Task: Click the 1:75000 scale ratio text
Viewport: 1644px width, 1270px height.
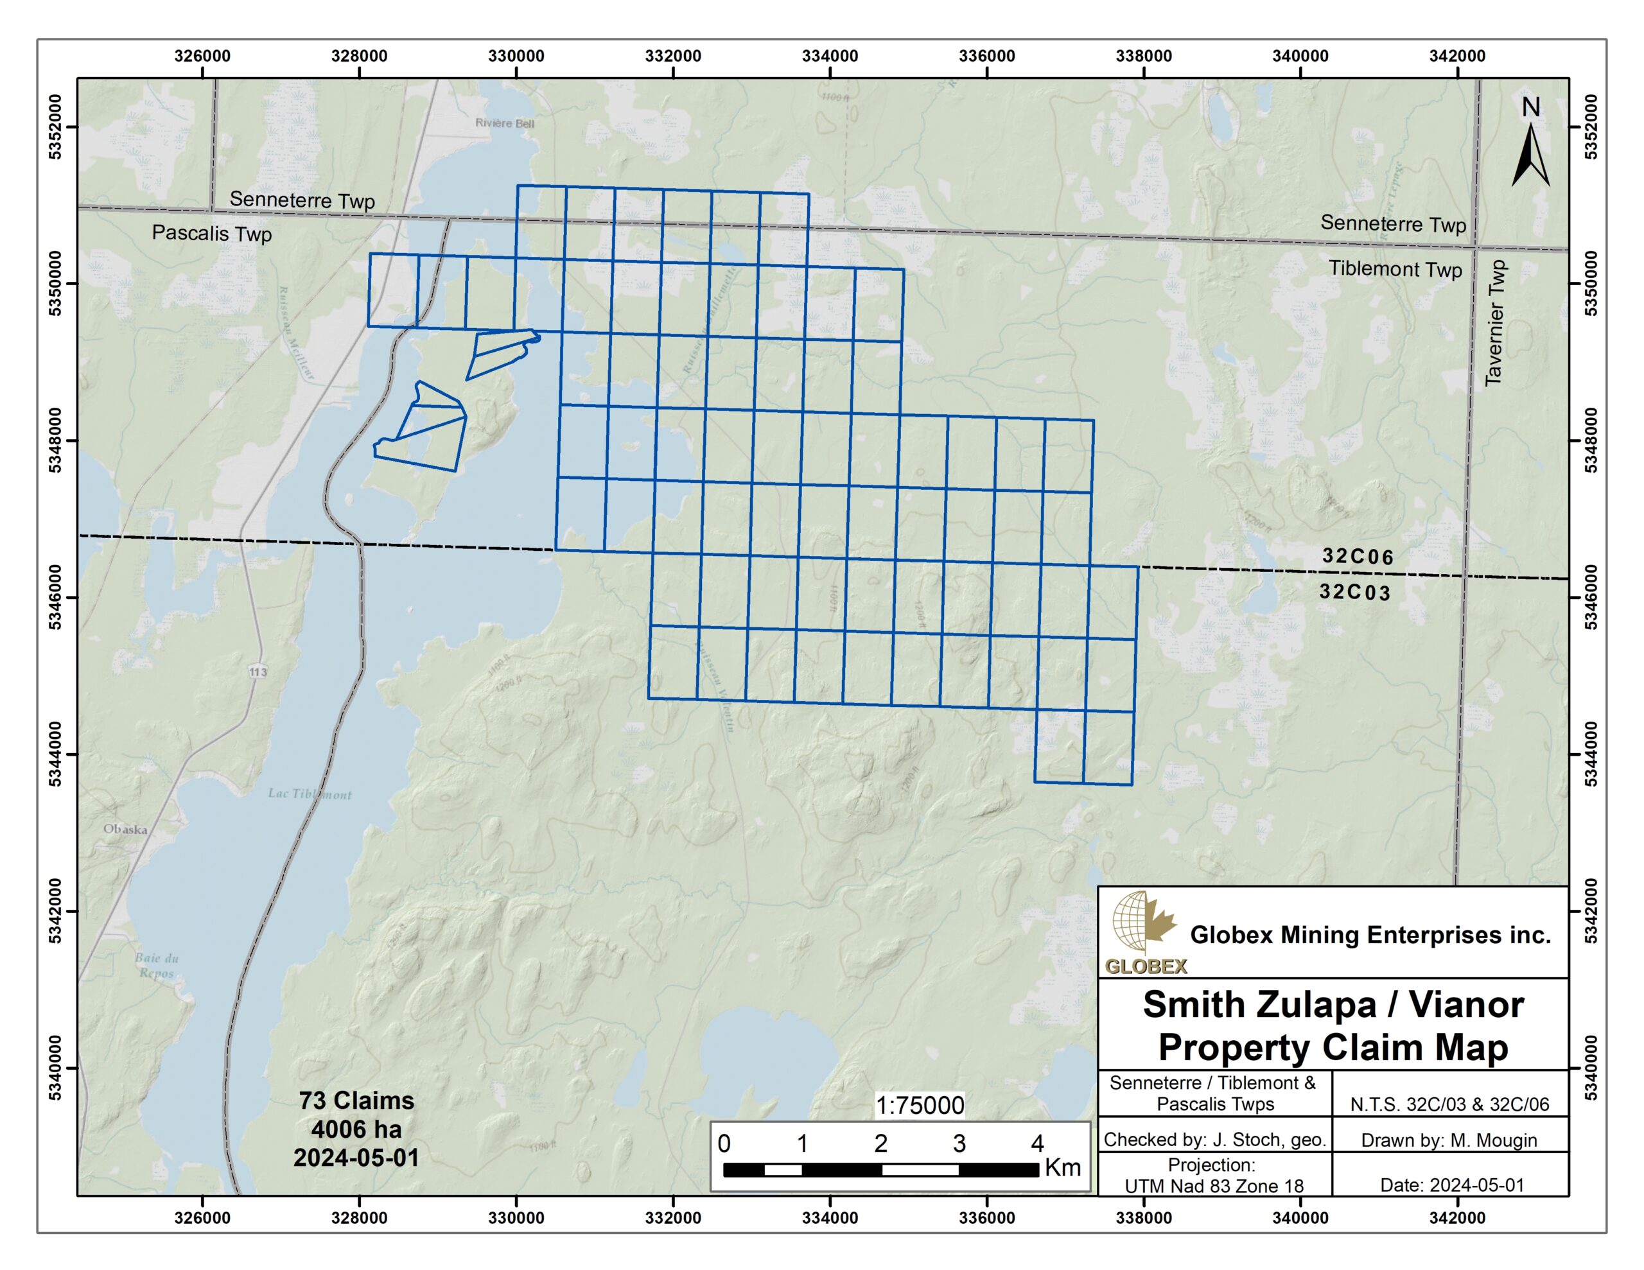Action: tap(919, 1105)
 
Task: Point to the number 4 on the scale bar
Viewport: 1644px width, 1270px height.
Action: tap(1037, 1144)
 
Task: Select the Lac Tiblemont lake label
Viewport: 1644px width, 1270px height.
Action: tap(310, 794)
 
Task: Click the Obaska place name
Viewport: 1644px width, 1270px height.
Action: tap(125, 829)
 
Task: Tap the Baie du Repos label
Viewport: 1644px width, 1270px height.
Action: tap(157, 965)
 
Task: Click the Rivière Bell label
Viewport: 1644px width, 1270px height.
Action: tap(504, 123)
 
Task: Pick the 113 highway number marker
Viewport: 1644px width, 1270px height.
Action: tap(258, 672)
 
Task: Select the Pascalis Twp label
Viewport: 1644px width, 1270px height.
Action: tap(211, 232)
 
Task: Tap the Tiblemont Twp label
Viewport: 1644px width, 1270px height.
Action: tap(1395, 269)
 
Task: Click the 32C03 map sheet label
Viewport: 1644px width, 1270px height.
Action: tap(1354, 592)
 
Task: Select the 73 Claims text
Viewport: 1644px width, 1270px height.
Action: tap(356, 1100)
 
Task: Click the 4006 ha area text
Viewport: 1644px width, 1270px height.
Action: tap(356, 1129)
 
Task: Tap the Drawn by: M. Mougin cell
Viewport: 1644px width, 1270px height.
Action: tap(1448, 1140)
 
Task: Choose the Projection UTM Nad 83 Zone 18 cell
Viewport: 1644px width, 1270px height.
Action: tap(1214, 1175)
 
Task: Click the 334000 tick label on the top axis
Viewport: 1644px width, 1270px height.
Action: tap(830, 56)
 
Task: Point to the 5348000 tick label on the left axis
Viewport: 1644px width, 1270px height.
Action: tap(56, 440)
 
